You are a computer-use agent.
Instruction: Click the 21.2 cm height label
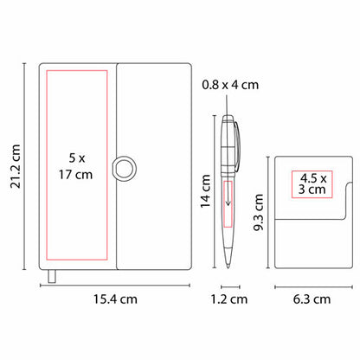click(16, 167)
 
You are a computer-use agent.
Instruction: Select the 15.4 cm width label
click(115, 299)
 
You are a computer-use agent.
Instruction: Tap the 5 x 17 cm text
click(76, 166)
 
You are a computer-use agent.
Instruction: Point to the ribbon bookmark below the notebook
click(52, 276)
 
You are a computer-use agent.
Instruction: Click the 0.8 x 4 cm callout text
click(230, 85)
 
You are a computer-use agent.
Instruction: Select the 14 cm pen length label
click(206, 191)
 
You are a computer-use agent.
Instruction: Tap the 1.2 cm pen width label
click(229, 299)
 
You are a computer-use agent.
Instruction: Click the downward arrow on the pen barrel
click(228, 194)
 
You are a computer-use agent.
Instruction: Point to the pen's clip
click(237, 146)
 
